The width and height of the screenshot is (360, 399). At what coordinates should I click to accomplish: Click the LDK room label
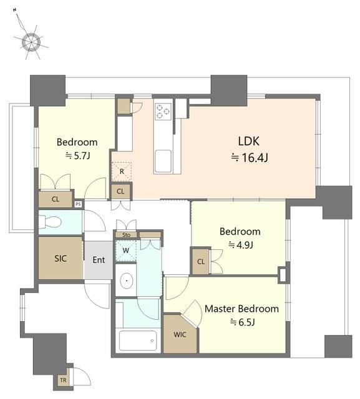pos(249,142)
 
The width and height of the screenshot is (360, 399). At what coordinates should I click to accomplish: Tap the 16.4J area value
pos(250,158)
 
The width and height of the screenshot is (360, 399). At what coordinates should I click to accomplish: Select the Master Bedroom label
pos(241,309)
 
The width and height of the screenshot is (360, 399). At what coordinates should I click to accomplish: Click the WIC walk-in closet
pos(180,334)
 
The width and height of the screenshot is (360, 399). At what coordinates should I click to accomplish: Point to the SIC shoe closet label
pos(61,259)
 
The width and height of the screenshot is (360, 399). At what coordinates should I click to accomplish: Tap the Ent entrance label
pos(99,260)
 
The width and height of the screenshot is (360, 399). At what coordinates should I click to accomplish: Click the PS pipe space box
pos(78,204)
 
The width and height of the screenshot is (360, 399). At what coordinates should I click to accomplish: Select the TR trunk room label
pos(63,380)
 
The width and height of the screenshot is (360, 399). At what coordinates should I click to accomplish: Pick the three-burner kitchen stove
pos(163,112)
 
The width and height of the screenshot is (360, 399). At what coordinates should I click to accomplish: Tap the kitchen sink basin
pos(163,161)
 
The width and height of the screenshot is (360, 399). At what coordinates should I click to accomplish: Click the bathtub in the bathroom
pos(138,341)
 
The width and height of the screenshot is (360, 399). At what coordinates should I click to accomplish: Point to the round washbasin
pos(127,281)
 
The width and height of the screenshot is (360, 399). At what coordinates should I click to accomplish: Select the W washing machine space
pos(126,251)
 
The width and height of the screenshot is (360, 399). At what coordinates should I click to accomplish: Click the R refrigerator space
pos(122,171)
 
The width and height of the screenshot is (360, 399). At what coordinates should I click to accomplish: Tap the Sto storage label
pos(126,235)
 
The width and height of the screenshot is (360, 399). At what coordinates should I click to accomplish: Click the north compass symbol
pos(31,41)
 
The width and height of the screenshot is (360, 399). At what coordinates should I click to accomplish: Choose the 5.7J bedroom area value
pos(77,155)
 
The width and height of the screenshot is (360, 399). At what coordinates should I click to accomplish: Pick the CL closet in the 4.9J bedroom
pos(201,261)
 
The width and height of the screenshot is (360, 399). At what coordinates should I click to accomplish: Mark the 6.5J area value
pos(242,322)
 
